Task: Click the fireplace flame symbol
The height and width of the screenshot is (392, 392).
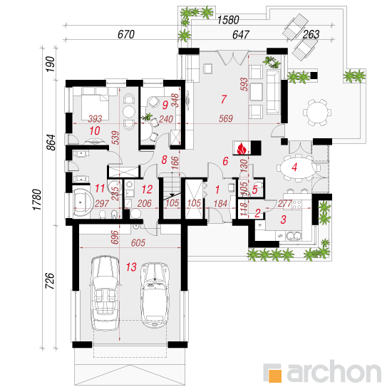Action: click(x=242, y=149)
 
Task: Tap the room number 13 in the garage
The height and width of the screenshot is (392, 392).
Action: click(x=131, y=267)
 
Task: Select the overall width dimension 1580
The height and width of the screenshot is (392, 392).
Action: click(x=228, y=20)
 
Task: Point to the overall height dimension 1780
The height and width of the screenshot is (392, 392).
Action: click(x=37, y=200)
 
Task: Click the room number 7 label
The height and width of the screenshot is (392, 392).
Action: click(x=224, y=99)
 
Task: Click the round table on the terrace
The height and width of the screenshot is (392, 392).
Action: click(x=317, y=112)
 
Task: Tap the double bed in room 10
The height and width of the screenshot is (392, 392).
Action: click(x=96, y=104)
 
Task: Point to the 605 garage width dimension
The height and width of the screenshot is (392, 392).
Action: click(x=138, y=242)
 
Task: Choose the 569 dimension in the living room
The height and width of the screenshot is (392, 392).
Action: click(x=226, y=118)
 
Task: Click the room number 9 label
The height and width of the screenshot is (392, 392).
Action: click(x=165, y=105)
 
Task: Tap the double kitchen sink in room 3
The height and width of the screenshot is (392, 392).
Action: click(x=294, y=236)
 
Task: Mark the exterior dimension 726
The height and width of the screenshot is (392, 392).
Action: click(x=50, y=281)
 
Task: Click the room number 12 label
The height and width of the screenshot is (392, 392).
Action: click(x=147, y=190)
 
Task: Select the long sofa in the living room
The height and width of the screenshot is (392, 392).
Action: click(x=273, y=92)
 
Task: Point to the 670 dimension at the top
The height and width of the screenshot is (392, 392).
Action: click(x=126, y=34)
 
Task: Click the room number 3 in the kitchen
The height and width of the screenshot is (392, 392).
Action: click(x=283, y=220)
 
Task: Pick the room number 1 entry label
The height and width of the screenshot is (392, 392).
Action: click(x=217, y=190)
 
